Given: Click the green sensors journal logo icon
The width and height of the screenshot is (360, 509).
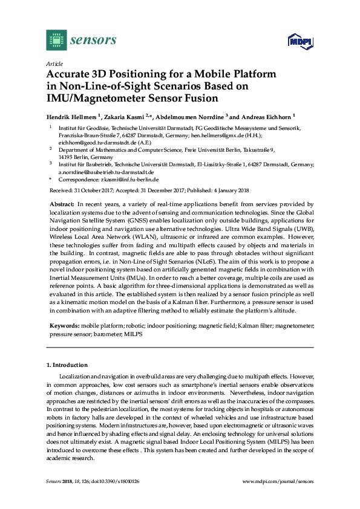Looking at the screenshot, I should (x=56, y=41).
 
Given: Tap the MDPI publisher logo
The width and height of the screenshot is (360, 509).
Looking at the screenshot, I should (x=299, y=42).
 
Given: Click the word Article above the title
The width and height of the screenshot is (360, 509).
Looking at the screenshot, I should (x=53, y=63).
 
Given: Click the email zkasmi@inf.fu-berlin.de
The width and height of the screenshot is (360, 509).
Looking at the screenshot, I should (x=131, y=180).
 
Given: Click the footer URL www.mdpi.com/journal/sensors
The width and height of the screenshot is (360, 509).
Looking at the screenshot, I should (x=278, y=481).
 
